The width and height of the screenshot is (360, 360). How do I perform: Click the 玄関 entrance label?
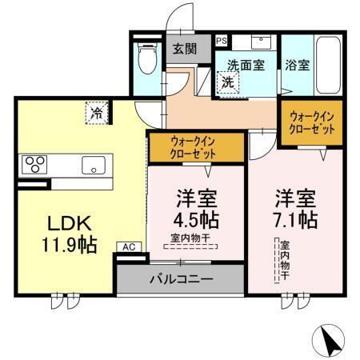tap(185, 49)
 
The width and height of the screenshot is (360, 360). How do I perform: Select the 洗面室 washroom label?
tap(246, 66)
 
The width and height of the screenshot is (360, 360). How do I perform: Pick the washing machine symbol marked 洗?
tap(228, 82)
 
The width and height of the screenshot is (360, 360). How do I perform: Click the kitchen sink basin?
tap(92, 166)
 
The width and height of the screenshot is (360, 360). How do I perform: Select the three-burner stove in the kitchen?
tap(35, 166)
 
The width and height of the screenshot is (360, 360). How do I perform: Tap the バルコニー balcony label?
tap(180, 280)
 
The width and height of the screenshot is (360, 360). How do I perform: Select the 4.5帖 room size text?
tap(195, 218)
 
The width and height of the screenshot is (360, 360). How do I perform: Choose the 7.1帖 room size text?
tap(296, 218)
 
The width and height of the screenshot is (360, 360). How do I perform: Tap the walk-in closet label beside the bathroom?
tap(310, 123)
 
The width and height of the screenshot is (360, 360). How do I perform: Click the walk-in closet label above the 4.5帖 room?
tap(194, 148)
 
